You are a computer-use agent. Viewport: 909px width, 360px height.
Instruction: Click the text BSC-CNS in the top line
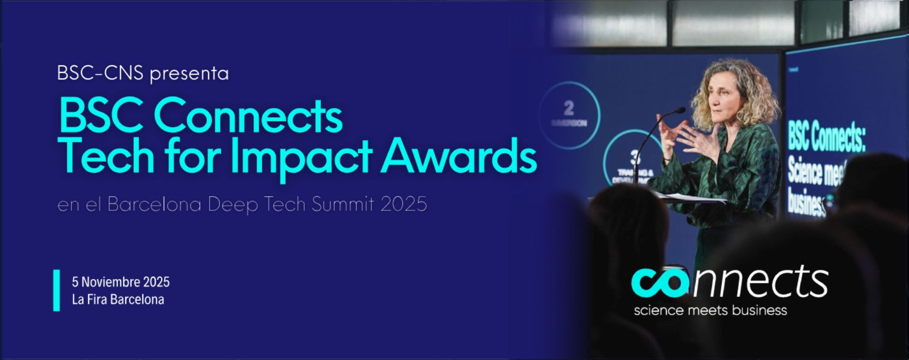tap(100, 73)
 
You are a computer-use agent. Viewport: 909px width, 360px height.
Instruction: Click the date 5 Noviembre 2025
tap(120, 282)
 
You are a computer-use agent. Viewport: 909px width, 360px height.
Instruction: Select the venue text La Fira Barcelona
tap(118, 300)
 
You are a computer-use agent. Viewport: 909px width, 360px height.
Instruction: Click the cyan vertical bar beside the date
tap(57, 290)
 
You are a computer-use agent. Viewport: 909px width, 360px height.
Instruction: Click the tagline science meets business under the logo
tap(710, 310)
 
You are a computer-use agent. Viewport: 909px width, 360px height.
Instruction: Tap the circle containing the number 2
tap(569, 113)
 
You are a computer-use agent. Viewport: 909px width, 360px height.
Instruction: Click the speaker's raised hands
tap(686, 136)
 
